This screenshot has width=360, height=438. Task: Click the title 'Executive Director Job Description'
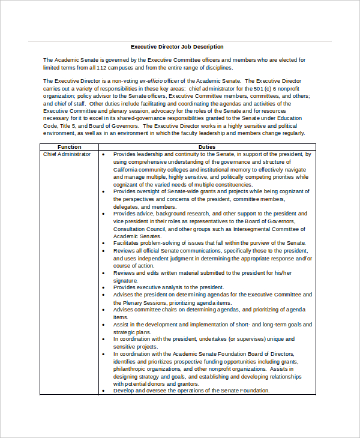tap(177, 46)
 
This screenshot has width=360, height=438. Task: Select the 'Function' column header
tap(69, 147)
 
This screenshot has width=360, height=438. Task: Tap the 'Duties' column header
tap(206, 147)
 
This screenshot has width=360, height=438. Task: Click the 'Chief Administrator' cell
tap(67, 154)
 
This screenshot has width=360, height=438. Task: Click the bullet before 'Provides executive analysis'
tap(104, 287)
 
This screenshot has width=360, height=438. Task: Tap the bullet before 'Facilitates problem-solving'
tap(104, 243)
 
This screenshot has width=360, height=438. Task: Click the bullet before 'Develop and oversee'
tap(104, 391)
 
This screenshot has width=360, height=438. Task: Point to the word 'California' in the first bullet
tap(128, 169)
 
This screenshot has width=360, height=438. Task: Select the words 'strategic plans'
tap(133, 332)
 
